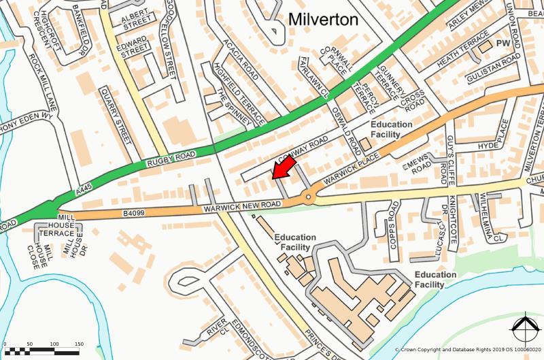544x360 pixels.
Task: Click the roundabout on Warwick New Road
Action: click(309, 198)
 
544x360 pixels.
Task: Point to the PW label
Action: click(503, 44)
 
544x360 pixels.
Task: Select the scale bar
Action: click(47, 349)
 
